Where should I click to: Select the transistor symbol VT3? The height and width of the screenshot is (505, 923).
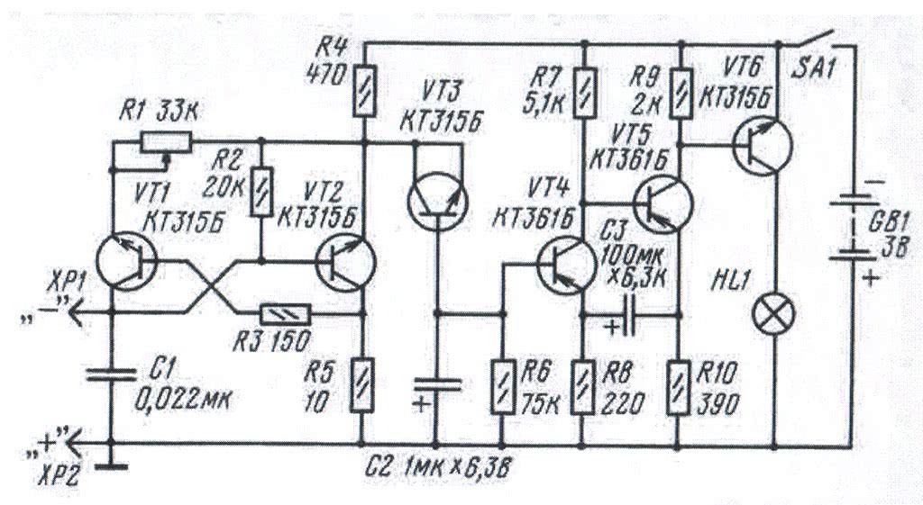pyautogui.click(x=436, y=200)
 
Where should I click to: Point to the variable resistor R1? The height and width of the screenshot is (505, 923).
pyautogui.click(x=165, y=142)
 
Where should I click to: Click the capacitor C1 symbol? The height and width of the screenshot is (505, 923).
pyautogui.click(x=111, y=372)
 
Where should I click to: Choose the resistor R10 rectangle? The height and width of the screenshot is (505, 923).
pyautogui.click(x=679, y=385)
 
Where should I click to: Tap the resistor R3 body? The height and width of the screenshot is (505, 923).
pyautogui.click(x=285, y=314)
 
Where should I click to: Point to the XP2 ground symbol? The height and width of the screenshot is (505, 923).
pyautogui.click(x=110, y=464)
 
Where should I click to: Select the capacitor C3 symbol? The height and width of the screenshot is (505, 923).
pyautogui.click(x=632, y=316)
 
